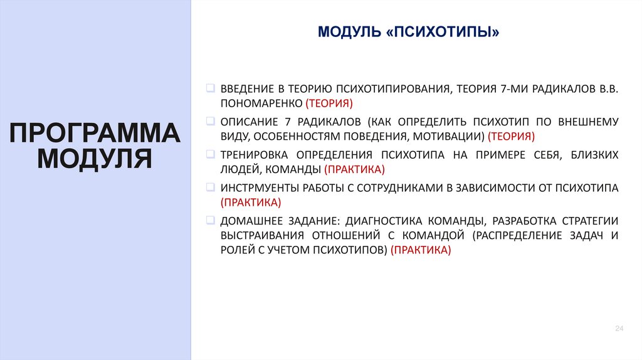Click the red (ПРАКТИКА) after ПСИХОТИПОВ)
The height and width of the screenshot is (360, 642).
[420, 250]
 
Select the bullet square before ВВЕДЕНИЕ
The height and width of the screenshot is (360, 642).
[210, 88]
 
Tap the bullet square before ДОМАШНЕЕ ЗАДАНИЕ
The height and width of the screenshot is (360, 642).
[210, 220]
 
